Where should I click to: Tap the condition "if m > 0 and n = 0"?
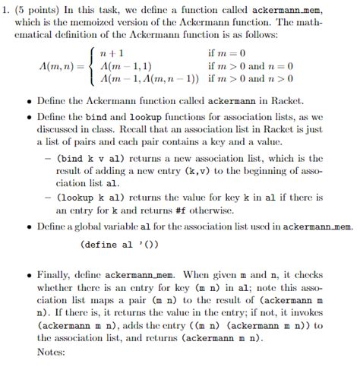coord(255,67)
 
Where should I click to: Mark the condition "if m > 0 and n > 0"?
coord(255,80)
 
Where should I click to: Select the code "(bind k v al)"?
coord(87,159)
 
